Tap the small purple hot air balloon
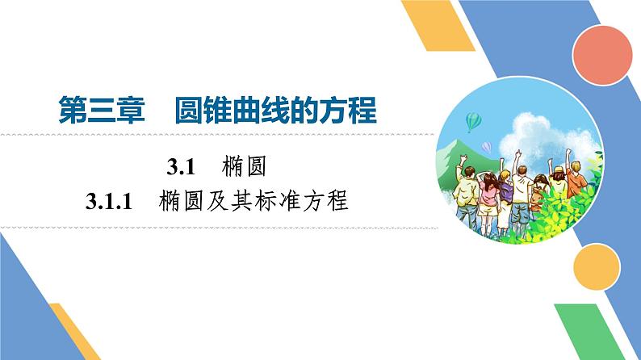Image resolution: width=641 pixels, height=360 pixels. pos(486,146)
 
